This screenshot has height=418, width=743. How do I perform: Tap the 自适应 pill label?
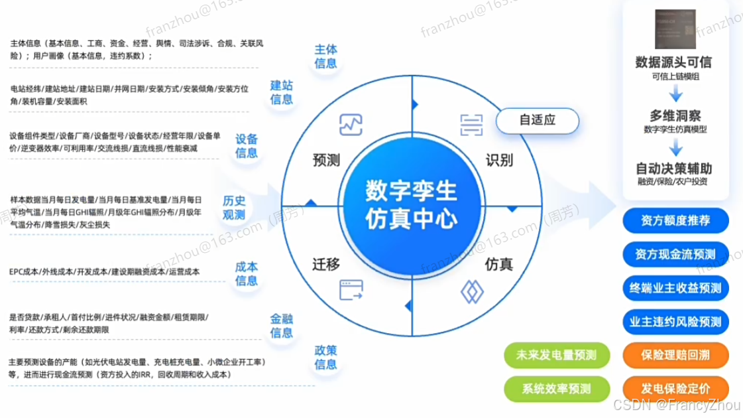(537, 121)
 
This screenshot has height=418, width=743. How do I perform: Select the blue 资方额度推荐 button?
(675, 220)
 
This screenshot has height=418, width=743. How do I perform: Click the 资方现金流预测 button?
(675, 253)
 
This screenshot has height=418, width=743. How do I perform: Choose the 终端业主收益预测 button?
(675, 288)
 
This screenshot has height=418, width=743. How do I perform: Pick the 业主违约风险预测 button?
(675, 322)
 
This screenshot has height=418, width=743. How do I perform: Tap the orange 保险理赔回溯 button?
(675, 355)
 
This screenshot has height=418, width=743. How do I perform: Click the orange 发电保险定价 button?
(675, 387)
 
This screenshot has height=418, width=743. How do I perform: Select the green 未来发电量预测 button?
(557, 355)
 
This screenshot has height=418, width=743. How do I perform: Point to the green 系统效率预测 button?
(557, 387)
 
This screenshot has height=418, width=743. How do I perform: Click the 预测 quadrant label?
(325, 161)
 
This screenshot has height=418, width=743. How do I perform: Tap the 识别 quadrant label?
(499, 161)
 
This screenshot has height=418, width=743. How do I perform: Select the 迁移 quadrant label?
(325, 264)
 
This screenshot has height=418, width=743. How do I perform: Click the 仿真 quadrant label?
(499, 264)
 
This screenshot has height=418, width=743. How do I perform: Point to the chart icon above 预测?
(349, 124)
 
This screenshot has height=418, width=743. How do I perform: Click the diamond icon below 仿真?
(472, 291)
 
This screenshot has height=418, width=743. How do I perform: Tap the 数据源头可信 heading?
(673, 62)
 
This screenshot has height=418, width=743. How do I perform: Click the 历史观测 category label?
(234, 208)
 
